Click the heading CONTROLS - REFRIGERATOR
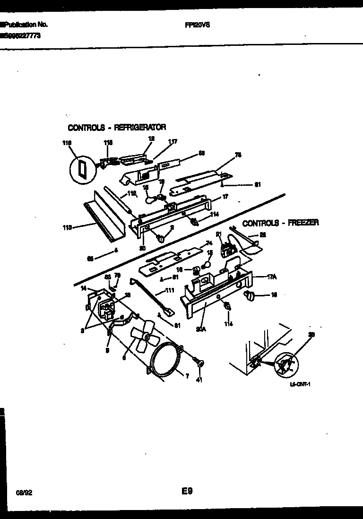point(117,128)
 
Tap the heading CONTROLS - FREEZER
point(280,223)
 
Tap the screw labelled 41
point(200,363)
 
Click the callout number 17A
point(271,278)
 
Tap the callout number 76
point(238,154)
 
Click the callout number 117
point(173,141)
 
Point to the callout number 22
point(263,234)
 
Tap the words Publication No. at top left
point(25,25)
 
